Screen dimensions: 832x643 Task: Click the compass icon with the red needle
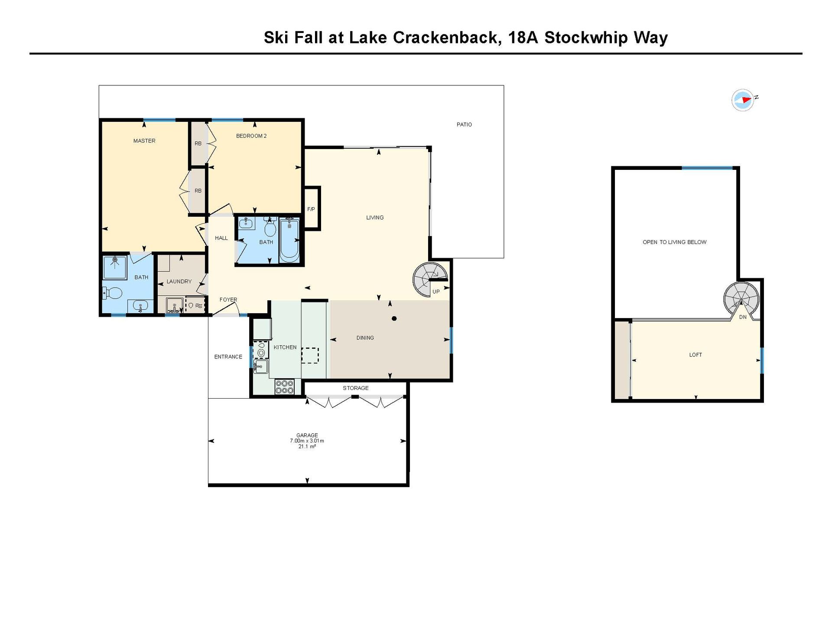click(743, 100)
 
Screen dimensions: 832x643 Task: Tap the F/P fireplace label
click(311, 209)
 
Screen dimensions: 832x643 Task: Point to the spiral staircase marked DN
click(741, 299)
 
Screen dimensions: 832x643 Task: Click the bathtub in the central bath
click(289, 240)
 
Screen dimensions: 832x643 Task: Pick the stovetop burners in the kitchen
click(284, 386)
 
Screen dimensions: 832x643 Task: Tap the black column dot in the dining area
click(394, 318)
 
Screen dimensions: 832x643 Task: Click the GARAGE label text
click(307, 435)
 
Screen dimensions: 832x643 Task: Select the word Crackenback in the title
click(445, 38)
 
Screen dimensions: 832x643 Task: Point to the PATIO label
click(464, 124)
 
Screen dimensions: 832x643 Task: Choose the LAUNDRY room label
click(179, 281)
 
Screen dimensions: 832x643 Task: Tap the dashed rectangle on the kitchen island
click(310, 355)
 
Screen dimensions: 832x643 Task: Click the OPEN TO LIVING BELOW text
click(674, 242)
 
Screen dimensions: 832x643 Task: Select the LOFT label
click(695, 355)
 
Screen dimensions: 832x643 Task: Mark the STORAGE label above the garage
click(356, 388)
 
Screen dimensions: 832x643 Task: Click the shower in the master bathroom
click(115, 268)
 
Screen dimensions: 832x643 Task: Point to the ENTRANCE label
click(228, 357)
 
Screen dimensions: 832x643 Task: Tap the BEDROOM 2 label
click(251, 136)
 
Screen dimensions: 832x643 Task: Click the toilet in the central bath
click(270, 226)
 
